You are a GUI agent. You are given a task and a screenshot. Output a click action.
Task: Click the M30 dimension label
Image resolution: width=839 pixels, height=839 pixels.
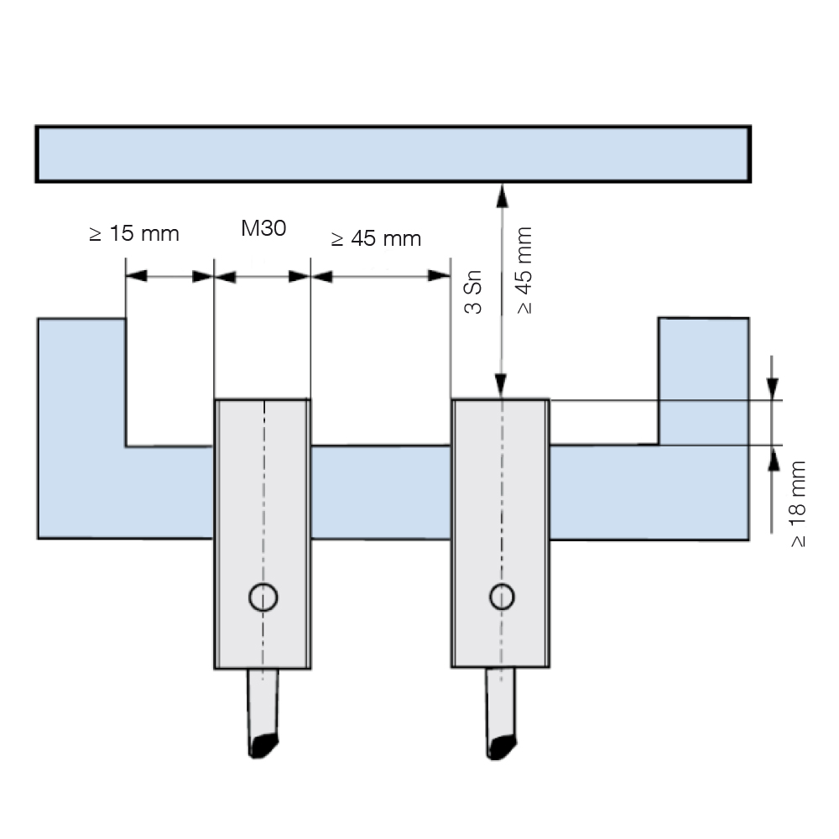click(263, 228)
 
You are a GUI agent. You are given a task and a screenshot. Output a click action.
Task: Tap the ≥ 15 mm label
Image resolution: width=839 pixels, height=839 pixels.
click(133, 234)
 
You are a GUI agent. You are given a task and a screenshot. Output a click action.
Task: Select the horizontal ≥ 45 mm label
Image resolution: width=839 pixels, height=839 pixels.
click(376, 238)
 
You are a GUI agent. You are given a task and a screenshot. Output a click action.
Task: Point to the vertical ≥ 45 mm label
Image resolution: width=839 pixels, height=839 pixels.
click(525, 270)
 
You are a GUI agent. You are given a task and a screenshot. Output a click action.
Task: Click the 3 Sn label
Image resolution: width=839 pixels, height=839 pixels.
click(473, 292)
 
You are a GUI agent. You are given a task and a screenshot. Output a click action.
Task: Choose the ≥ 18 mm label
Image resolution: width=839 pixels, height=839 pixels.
click(797, 503)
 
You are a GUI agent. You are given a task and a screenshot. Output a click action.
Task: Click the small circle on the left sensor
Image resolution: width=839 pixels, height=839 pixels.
click(263, 597)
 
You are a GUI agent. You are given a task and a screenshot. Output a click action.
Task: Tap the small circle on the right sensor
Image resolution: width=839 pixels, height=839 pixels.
click(502, 597)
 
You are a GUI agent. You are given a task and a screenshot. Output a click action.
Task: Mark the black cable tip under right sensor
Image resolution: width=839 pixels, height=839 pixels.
click(502, 748)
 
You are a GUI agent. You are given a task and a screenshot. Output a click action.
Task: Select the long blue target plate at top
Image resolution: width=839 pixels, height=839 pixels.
click(393, 154)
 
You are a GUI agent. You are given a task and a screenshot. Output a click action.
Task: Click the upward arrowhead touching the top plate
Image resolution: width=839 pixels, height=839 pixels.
click(502, 196)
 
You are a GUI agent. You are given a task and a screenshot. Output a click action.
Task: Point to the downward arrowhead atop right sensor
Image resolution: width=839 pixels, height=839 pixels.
click(500, 386)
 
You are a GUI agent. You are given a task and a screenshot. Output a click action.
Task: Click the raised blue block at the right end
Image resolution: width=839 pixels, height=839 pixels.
click(703, 380)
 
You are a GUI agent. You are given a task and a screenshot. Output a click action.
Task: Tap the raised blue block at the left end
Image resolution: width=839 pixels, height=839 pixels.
click(81, 382)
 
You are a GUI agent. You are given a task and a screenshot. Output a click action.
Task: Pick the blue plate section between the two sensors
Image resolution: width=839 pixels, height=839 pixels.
click(381, 492)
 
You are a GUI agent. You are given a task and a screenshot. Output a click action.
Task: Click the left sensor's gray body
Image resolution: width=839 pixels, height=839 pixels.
click(263, 534)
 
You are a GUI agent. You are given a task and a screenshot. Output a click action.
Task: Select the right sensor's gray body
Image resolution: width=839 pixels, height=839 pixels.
click(500, 533)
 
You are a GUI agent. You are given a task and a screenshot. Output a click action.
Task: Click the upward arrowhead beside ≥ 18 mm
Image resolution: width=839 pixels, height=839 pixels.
click(774, 460)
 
